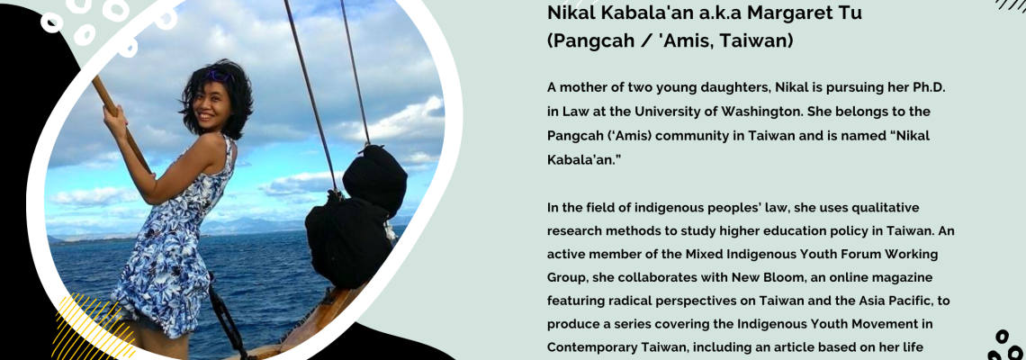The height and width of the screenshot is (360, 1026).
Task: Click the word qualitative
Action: (862, 208)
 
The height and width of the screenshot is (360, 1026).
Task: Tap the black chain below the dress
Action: (225, 319)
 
